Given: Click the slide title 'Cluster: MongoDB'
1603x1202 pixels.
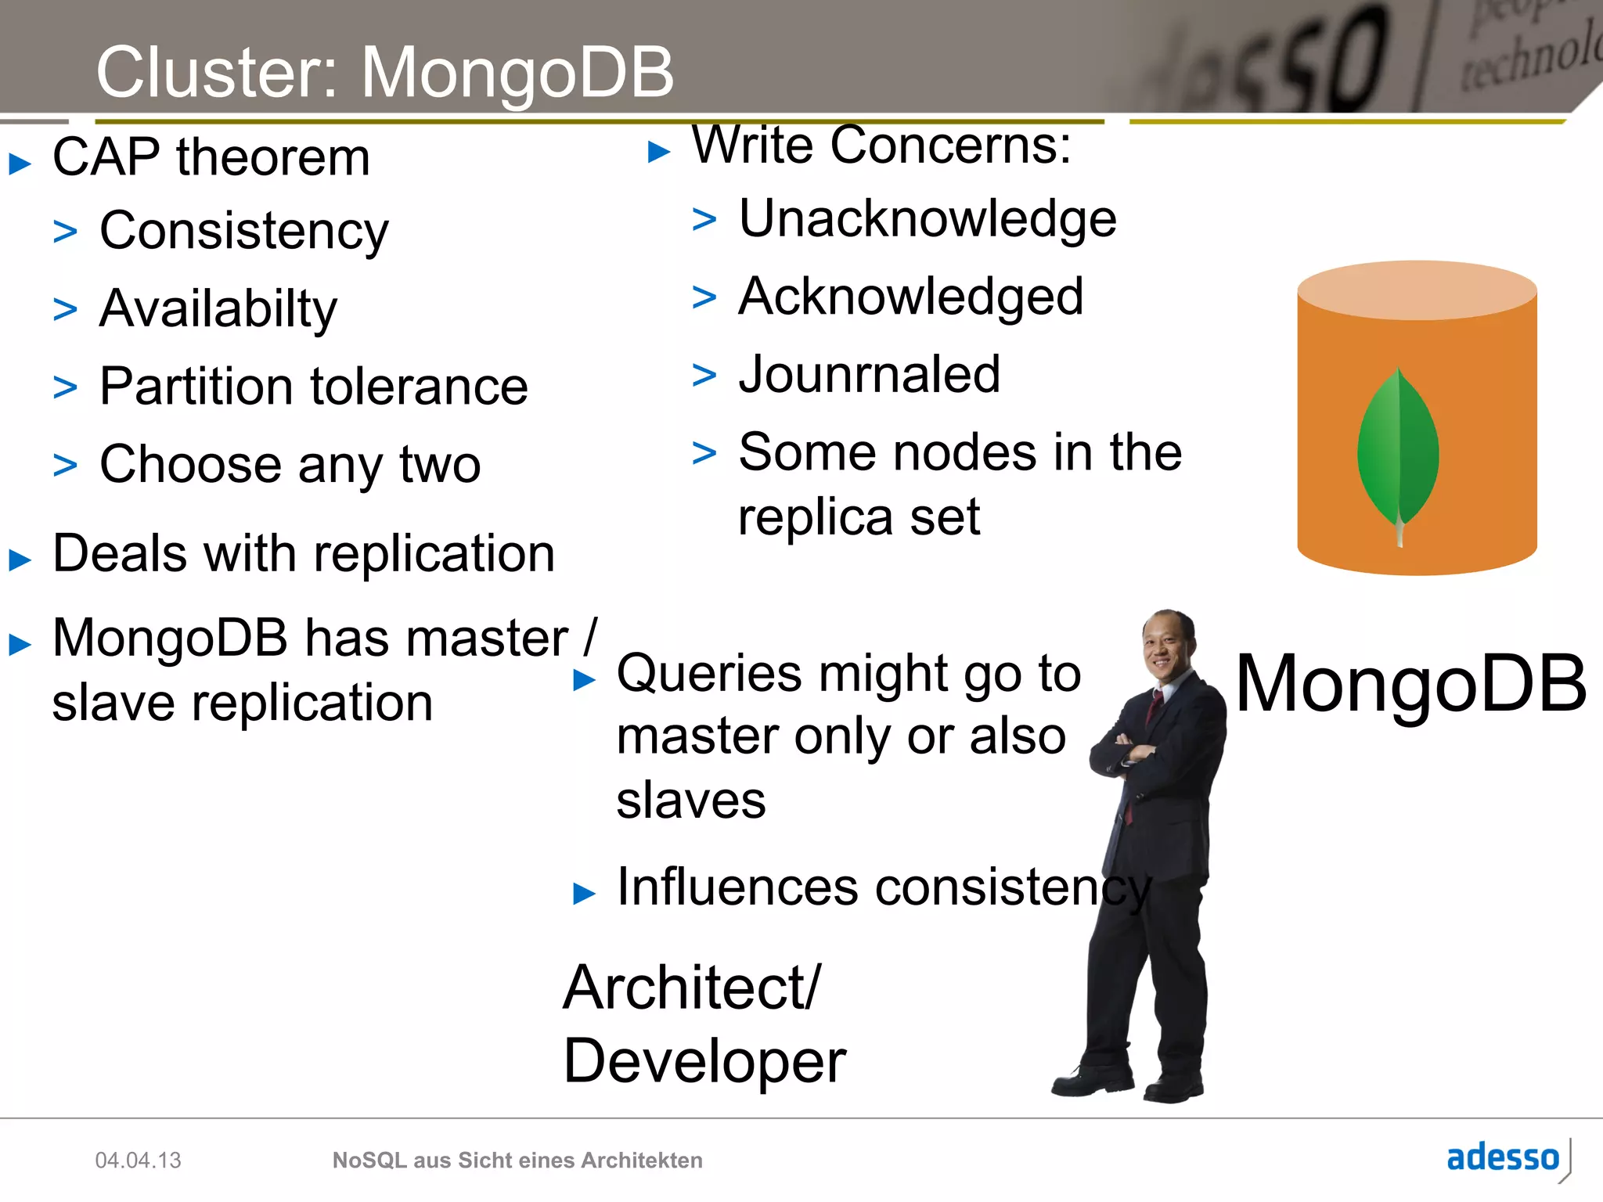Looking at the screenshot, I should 384,72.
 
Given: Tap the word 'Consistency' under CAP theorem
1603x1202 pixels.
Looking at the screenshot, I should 243,231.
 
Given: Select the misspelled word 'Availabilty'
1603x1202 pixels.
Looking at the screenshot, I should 218,308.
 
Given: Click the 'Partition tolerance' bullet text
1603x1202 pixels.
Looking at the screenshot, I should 314,387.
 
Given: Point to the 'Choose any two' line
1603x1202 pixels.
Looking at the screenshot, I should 290,464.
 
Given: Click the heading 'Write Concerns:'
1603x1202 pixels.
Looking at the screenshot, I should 881,146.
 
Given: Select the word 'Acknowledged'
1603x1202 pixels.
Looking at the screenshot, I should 911,297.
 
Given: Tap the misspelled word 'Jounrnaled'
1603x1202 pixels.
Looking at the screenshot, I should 870,374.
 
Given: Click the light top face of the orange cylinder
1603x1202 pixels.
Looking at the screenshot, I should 1417,290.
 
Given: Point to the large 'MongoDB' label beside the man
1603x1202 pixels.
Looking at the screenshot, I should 1411,684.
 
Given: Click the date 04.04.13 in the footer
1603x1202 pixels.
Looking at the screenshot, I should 138,1160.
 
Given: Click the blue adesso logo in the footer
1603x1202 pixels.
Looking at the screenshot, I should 1503,1157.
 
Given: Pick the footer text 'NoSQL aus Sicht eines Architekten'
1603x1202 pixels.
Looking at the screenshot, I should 517,1160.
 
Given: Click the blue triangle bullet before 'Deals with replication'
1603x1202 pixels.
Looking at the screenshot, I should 20,560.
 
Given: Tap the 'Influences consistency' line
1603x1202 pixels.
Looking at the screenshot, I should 884,887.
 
